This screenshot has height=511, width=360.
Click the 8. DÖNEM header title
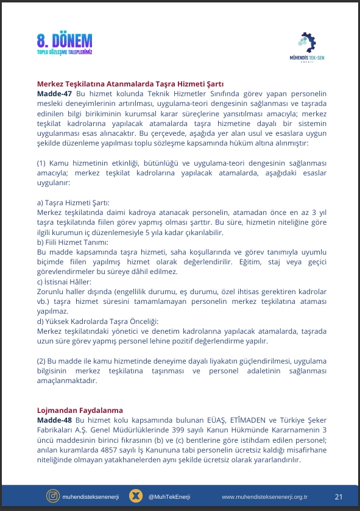pyautogui.click(x=65, y=41)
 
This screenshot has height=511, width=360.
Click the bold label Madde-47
pyautogui.click(x=54, y=94)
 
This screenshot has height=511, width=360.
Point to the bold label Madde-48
pyautogui.click(x=54, y=420)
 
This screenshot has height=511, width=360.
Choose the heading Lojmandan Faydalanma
pyautogui.click(x=80, y=411)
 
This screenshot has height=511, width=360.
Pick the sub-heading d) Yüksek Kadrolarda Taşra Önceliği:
pyautogui.click(x=97, y=321)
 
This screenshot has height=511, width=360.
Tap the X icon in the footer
pyautogui.click(x=136, y=496)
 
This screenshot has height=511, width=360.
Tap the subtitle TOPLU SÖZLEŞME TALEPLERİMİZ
pyautogui.click(x=65, y=54)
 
